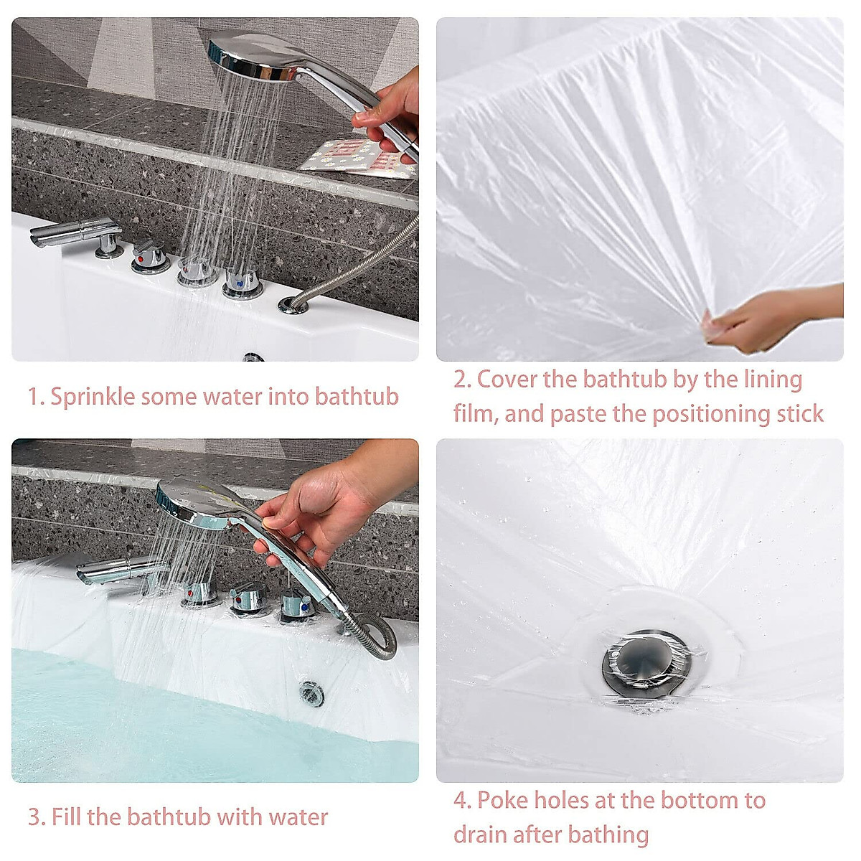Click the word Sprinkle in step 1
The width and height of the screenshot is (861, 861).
point(92,397)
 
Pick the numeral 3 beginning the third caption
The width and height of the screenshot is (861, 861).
point(34,817)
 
